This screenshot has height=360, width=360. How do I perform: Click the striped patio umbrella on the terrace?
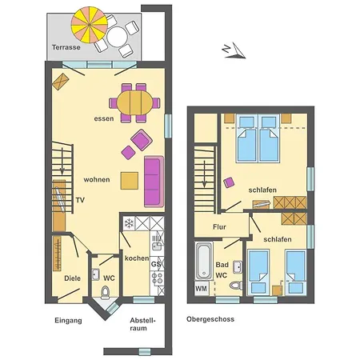pos(90,25)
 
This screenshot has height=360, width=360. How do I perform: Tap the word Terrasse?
pos(66,47)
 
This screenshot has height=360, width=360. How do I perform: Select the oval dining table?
pos(134,103)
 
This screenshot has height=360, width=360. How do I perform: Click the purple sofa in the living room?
pos(154,182)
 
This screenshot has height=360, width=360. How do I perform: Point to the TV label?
pos(80,200)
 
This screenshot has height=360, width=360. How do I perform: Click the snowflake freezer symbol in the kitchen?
pos(129,223)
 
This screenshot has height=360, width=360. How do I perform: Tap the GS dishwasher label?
pos(156,264)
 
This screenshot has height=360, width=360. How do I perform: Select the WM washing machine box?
pos(202,288)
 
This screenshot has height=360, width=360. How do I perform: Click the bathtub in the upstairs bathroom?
pos(204,261)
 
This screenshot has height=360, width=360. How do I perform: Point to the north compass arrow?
pos(234,50)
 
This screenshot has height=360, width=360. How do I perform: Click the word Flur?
pos(219,227)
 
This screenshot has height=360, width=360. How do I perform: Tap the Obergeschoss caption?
pos(210,319)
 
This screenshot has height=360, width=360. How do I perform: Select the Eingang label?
pos(68,321)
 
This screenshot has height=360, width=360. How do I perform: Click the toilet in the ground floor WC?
pos(106,293)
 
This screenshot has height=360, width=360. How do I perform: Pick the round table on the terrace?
pos(117,37)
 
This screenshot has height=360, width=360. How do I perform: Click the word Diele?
pos(72,278)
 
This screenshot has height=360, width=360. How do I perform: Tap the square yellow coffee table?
pos(130,181)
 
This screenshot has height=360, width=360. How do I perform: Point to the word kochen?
pos(137,258)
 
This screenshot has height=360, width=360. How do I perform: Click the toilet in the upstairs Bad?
pos(236,286)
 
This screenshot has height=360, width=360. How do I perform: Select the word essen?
pos(104,118)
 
